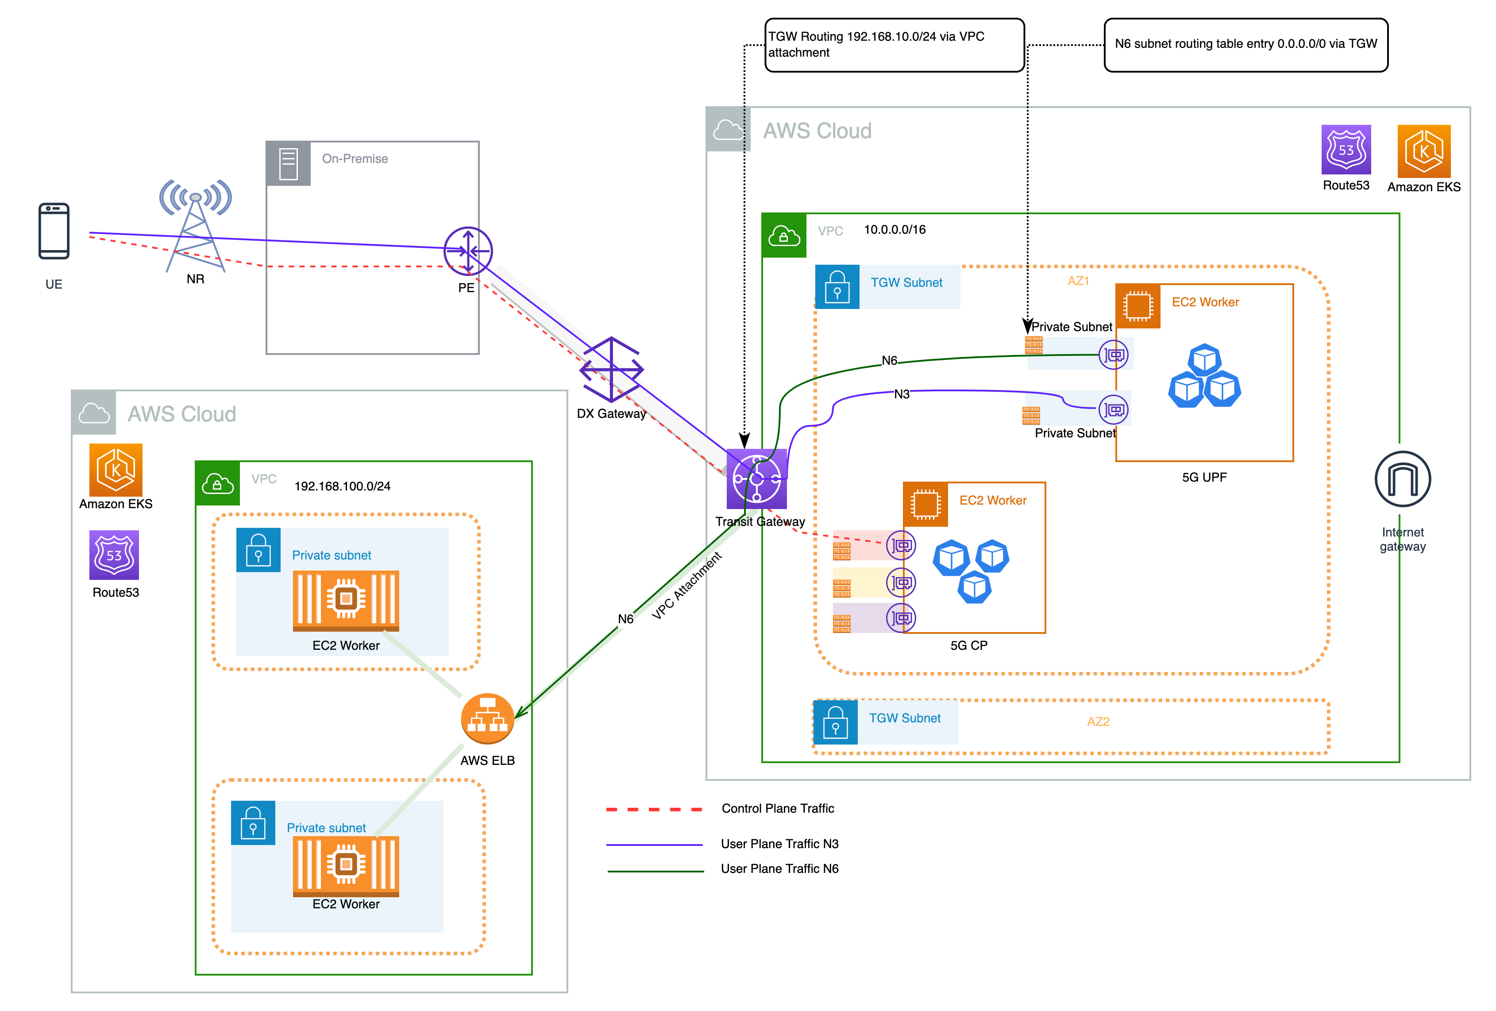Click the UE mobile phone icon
[x=54, y=231]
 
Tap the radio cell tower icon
[x=196, y=225]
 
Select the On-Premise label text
[x=355, y=158]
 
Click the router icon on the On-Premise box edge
[x=468, y=251]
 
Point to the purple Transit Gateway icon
[x=756, y=478]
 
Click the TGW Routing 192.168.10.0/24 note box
[x=894, y=44]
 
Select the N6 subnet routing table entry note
[x=1245, y=44]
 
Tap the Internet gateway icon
[x=1402, y=478]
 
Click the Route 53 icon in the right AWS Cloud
[x=1346, y=150]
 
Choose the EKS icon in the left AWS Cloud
[x=116, y=470]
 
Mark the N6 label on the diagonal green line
[x=625, y=619]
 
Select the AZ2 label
[x=1098, y=721]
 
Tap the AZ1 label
[x=1078, y=281]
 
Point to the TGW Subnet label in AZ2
[x=904, y=718]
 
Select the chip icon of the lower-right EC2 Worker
[x=925, y=504]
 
